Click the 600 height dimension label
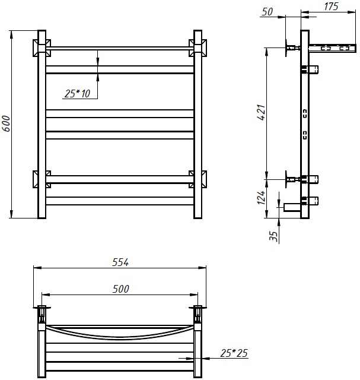coord(7,123)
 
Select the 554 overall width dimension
coord(120,262)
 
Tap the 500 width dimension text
coord(121,289)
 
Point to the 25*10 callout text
coord(77,94)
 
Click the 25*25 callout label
coord(234,353)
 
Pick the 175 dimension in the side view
coord(331,7)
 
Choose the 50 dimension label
coord(267,12)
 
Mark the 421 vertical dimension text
coord(262,112)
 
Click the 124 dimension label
coord(261,198)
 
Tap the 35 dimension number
coord(273,236)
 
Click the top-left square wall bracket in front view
coord(42,47)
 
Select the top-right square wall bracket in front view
coord(198,47)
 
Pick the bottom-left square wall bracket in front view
coord(42,179)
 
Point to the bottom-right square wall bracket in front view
coord(198,179)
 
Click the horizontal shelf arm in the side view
coord(332,48)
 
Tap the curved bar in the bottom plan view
coord(120,337)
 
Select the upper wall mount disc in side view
coord(286,47)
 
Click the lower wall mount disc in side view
coord(286,179)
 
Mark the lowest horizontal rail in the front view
coord(120,201)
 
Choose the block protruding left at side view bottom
coord(292,207)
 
